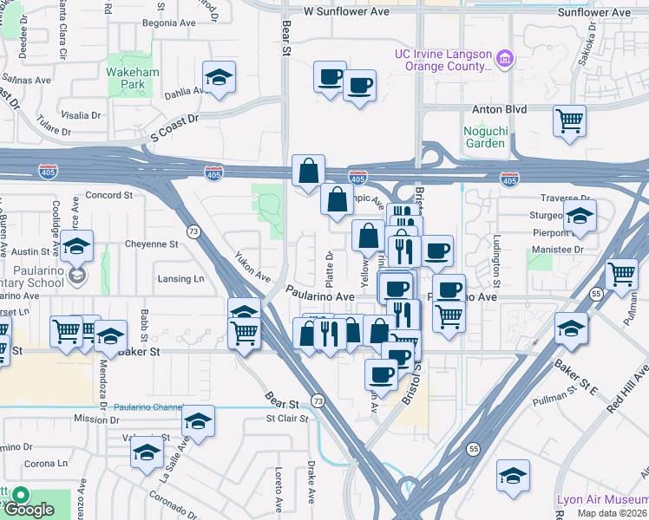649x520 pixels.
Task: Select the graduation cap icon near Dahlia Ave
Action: pyautogui.click(x=220, y=79)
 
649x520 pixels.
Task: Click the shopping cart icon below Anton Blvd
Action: pyautogui.click(x=569, y=120)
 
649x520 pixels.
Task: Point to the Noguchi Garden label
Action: pyautogui.click(x=484, y=137)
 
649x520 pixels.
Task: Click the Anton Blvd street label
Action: pyautogui.click(x=499, y=109)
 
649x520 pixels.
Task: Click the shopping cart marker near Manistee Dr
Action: pyautogui.click(x=621, y=275)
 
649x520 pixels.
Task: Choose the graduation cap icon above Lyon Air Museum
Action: pyautogui.click(x=513, y=477)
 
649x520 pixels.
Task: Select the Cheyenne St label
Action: pyautogui.click(x=151, y=244)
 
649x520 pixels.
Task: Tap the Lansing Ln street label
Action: pyautogui.click(x=180, y=279)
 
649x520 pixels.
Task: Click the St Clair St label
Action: pyautogui.click(x=287, y=419)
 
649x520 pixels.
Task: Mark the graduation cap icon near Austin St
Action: pyautogui.click(x=76, y=247)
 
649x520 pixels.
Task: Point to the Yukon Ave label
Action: pyautogui.click(x=252, y=266)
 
